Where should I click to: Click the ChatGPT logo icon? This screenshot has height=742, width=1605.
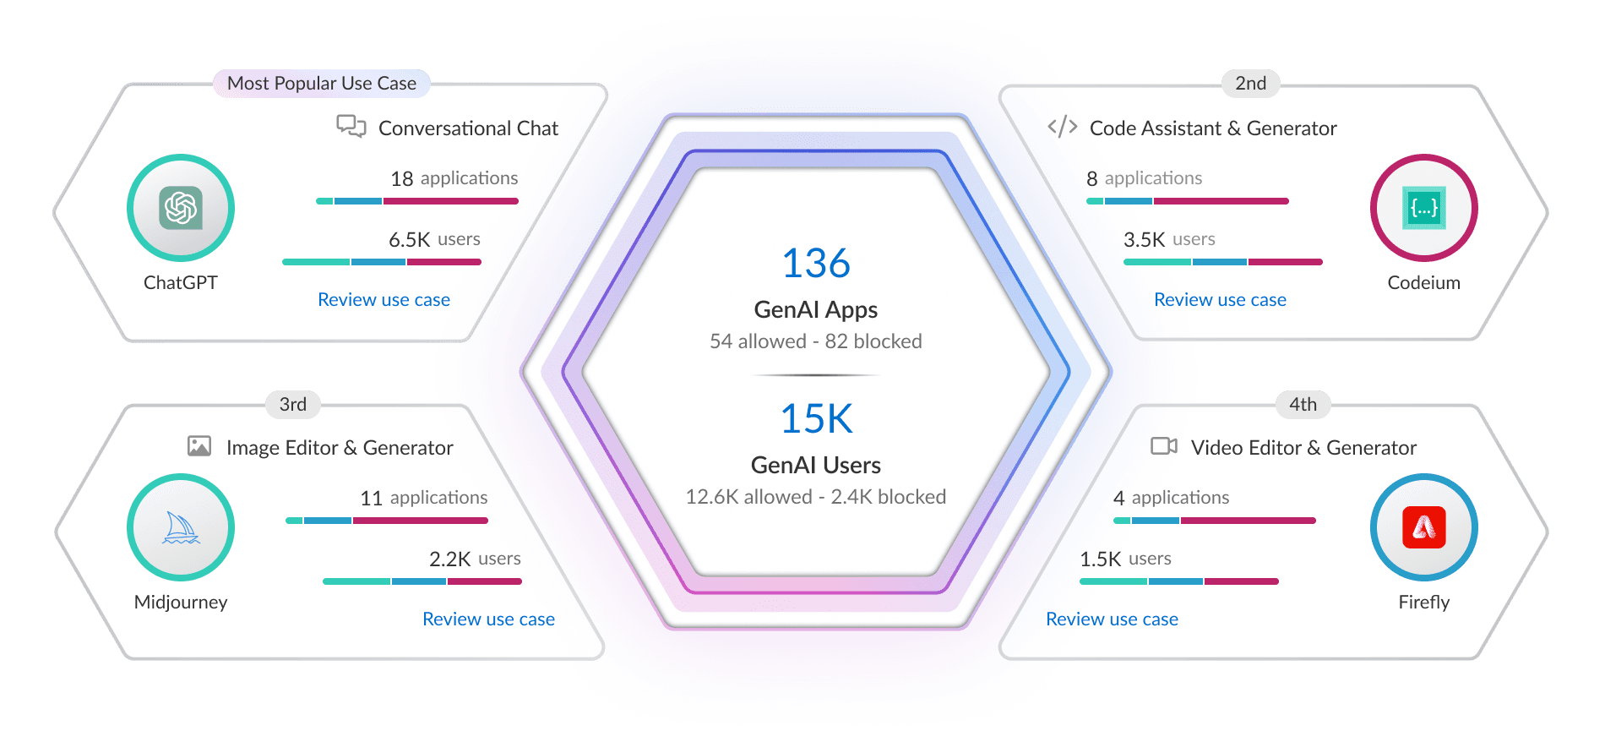coord(181,208)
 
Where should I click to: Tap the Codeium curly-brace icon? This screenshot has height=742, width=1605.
coord(1424,208)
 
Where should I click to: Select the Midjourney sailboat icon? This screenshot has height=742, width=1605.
coord(181,527)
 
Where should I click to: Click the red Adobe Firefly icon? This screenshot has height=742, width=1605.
coord(1424,527)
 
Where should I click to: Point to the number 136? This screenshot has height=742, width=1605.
coord(816,264)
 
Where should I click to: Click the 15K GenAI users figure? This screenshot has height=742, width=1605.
coord(816,419)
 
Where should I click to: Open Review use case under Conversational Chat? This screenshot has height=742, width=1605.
coord(384,300)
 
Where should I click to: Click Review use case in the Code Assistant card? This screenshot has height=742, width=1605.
coord(1220,300)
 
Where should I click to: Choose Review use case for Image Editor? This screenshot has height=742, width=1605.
coord(488,619)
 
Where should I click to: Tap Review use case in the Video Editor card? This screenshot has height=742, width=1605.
coord(1112,619)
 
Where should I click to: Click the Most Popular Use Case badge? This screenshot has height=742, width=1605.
coord(322,84)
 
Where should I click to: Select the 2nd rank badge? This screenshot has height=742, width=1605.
coord(1250,84)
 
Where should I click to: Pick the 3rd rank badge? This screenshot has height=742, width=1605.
coord(293,405)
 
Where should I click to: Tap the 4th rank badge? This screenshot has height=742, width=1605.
coord(1303,405)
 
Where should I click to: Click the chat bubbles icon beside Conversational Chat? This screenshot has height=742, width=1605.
coord(351,127)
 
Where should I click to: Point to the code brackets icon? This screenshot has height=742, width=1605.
coord(1063,127)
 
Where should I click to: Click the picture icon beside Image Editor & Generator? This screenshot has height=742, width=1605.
coord(199,446)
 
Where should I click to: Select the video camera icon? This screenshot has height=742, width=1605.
coord(1164,446)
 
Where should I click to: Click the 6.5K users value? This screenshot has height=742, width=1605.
coord(410,240)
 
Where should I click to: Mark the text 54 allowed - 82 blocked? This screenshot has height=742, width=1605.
coord(816,341)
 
